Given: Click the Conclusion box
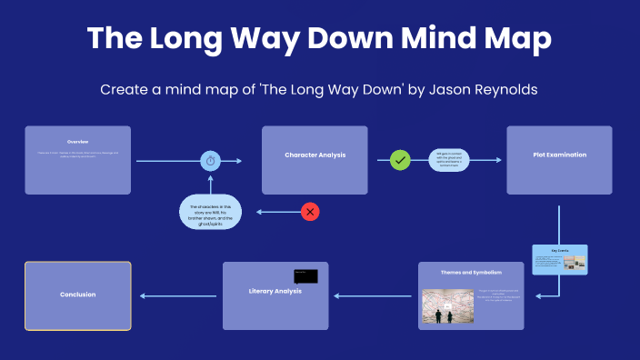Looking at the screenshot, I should pos(77,295).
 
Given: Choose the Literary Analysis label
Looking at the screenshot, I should pos(275,291).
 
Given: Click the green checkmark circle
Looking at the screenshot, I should pos(400,161).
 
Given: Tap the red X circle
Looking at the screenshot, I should pos(310,212).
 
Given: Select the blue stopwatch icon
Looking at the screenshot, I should pos(211,161).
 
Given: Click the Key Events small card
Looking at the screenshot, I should pos(560,260).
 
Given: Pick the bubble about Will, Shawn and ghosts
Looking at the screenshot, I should pos(211,212).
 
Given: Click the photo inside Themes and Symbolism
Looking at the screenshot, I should pos(447,306).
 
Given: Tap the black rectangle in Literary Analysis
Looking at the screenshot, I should pos(305,275).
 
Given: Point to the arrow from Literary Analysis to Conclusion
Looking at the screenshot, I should pos(180,295).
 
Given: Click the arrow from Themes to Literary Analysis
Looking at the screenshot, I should pos(376,295).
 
